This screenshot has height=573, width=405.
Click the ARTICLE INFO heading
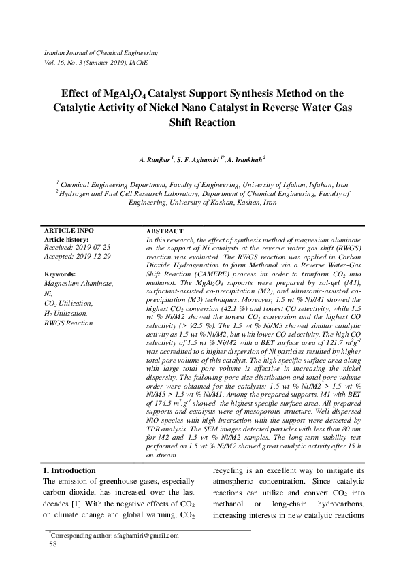69,231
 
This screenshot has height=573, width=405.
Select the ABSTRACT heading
165,231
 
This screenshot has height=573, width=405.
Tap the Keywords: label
62,274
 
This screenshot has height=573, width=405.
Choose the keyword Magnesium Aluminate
78,283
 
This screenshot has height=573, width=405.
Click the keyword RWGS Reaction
68,323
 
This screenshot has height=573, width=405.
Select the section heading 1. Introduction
69,470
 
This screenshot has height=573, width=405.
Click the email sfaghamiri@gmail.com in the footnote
147,535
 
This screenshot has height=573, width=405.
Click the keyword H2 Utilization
68,312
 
